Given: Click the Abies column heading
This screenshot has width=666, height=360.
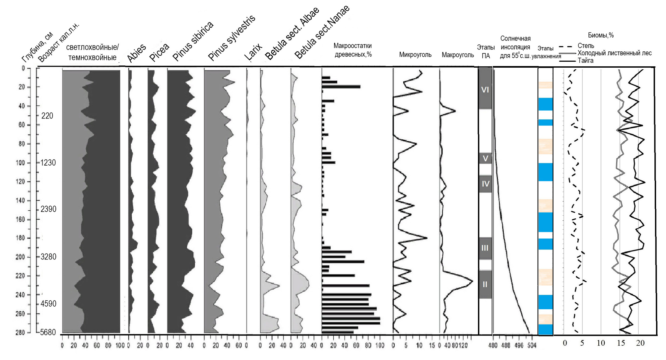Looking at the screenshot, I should point(136,53).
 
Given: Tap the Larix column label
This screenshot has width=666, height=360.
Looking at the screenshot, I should point(253,52).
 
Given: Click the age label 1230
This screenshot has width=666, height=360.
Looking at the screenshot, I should point(48,163).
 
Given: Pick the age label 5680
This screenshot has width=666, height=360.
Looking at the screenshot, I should point(48,332).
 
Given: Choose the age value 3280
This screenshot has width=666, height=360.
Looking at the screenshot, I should point(48,257).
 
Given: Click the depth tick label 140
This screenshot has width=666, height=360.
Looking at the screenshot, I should point(21,200).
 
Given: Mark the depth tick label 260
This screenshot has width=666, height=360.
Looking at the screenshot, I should point(21,314).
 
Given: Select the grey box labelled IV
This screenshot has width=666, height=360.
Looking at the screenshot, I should point(485,183).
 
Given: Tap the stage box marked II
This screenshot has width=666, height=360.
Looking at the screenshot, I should point(485,284).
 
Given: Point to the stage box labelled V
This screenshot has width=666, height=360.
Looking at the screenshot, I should point(485,158).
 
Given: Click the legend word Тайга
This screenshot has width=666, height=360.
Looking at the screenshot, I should point(585,60).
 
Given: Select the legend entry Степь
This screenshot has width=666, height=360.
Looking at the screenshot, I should point(586,46).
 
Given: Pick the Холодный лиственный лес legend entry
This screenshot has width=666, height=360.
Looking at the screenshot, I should point(614,53).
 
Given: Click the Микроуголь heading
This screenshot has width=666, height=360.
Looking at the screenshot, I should point(415,55).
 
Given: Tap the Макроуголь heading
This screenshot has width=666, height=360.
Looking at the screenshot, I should point(457,55).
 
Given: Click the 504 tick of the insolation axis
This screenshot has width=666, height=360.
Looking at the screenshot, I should point(532,345).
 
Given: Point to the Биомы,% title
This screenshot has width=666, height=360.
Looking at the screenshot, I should point(601,35).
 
